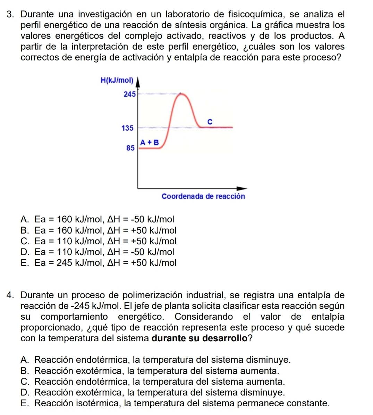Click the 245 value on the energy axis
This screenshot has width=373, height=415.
tap(129, 94)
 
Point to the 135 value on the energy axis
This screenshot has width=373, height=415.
tap(128, 128)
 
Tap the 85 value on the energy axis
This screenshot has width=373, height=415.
tap(130, 148)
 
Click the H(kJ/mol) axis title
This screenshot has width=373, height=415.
tap(117, 81)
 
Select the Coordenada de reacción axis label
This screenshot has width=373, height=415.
tap(203, 196)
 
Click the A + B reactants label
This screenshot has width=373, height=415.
tap(150, 142)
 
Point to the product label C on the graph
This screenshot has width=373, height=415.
tap(210, 122)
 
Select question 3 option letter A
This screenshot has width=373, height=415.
tap(24, 219)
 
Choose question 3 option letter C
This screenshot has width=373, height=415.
tap(24, 241)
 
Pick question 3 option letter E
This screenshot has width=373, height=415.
tap(24, 263)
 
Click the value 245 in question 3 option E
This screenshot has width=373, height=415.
tap(64, 263)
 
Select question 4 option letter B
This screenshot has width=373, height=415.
tap(24, 371)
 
